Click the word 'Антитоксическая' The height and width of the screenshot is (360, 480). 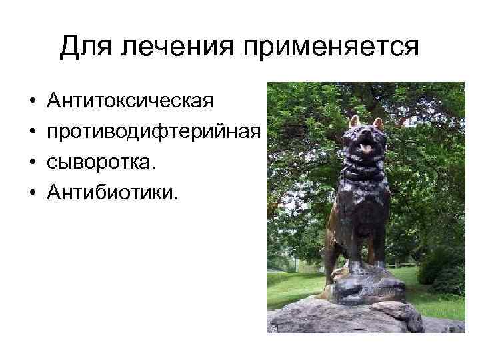pos(131,101)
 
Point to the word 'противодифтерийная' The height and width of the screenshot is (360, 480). pos(153,132)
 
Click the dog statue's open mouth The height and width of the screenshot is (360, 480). pos(366,146)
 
